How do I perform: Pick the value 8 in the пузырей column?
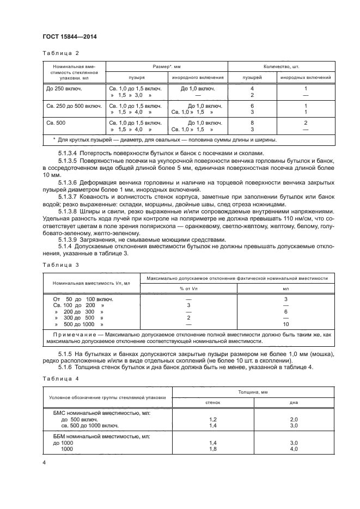point(252,123)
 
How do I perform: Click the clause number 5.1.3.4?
point(68,154)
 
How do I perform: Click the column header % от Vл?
point(188,288)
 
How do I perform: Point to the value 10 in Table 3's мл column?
point(286,324)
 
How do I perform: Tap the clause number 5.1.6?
point(65,368)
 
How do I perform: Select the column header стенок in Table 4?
point(212,403)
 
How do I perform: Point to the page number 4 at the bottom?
point(44,462)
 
